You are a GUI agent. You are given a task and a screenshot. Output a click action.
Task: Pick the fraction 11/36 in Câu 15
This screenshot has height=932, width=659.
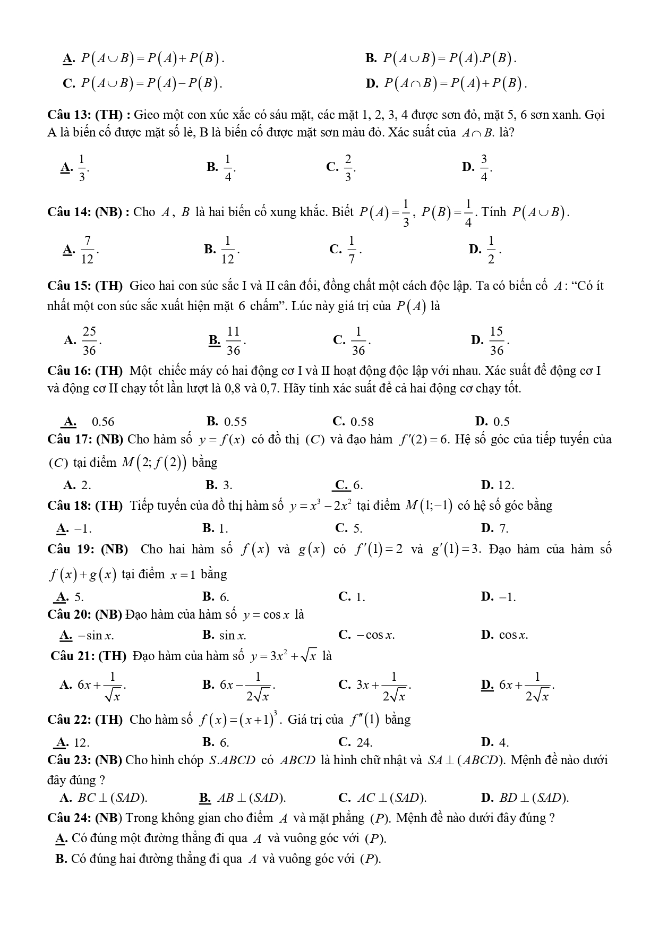[x=234, y=340]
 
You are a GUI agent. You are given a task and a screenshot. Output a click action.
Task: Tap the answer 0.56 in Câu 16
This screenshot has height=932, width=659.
[x=103, y=422]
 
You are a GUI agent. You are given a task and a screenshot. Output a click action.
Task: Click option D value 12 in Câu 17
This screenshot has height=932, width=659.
[x=506, y=485]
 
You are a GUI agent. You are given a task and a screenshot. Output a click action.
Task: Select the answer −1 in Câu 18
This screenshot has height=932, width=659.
[x=83, y=528]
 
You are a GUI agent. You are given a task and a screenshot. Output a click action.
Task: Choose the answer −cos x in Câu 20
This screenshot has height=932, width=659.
[x=374, y=635]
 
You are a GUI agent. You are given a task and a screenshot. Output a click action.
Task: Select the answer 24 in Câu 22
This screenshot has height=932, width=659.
[x=363, y=742]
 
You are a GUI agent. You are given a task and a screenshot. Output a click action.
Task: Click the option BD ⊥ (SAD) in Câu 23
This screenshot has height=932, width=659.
[x=534, y=798]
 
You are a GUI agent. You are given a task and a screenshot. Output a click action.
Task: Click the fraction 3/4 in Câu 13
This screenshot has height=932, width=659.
[x=484, y=168]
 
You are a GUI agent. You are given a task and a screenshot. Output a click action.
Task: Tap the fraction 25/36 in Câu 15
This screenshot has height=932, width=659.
[x=89, y=340]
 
